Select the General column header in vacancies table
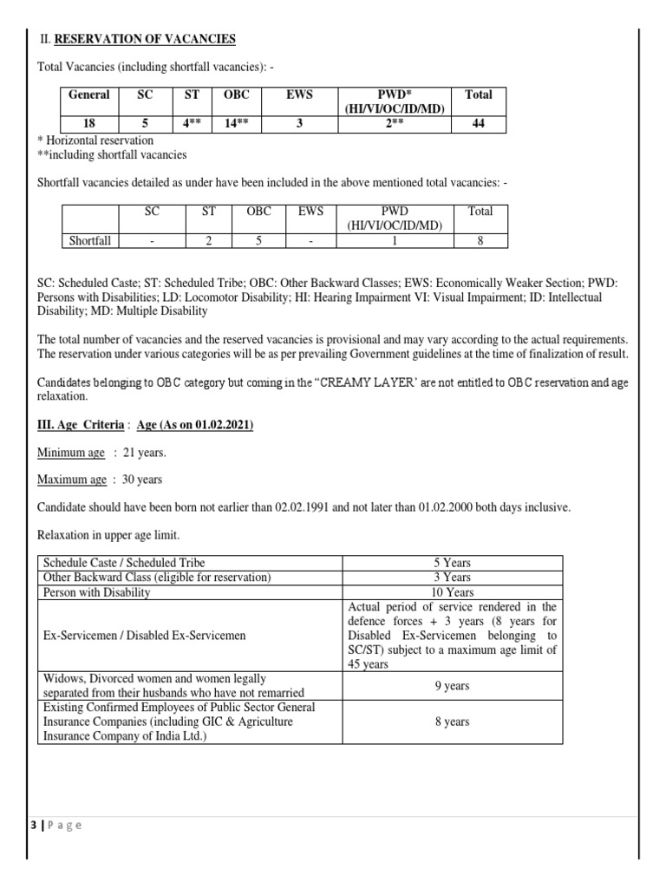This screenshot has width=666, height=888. (x=89, y=95)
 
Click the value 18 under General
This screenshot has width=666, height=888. (x=89, y=123)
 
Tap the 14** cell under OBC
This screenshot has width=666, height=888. (x=236, y=123)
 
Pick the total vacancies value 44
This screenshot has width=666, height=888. (x=478, y=123)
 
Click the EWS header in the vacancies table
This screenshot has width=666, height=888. (x=299, y=95)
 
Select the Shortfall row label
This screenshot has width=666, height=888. (x=90, y=240)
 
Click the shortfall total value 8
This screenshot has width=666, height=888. (x=480, y=240)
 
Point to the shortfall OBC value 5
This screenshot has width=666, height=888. (x=258, y=240)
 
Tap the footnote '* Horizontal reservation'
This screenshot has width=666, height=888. (x=95, y=140)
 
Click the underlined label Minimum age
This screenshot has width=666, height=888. (x=71, y=453)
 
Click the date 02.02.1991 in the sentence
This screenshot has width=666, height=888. (x=316, y=506)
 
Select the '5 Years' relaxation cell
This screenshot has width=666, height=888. (x=452, y=563)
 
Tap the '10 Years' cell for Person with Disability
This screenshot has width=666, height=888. (x=452, y=592)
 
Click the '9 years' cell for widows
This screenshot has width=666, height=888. (x=452, y=686)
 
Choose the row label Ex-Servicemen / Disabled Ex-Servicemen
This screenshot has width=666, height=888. (x=145, y=636)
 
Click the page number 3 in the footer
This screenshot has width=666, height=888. (x=32, y=825)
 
